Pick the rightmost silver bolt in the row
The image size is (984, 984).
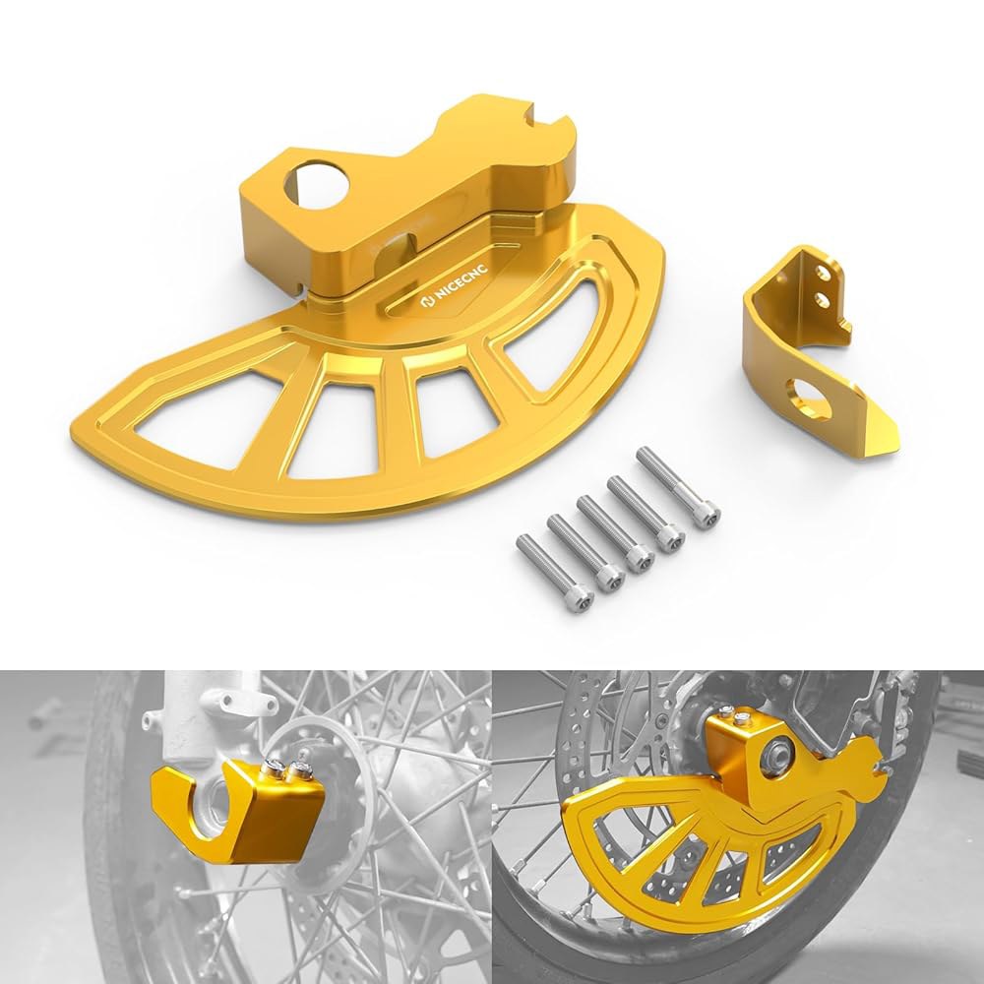coord(678,489)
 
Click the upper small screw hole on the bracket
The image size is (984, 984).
coord(822,273)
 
